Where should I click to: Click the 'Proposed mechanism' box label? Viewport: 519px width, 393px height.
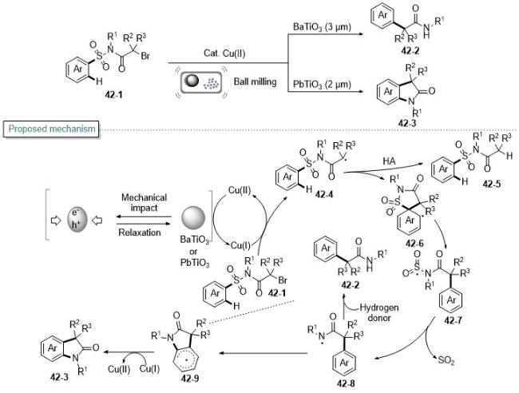click(x=51, y=129)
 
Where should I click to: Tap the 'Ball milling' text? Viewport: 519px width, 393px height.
click(x=256, y=81)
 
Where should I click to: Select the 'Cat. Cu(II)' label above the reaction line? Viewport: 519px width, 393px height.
click(x=224, y=54)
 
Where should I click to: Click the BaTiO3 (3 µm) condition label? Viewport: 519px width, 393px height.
click(x=322, y=27)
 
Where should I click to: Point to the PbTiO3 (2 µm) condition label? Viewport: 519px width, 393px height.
click(x=322, y=85)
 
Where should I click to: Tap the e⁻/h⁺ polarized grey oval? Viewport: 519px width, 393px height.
click(x=77, y=219)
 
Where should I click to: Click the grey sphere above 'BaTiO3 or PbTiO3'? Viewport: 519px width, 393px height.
click(x=193, y=218)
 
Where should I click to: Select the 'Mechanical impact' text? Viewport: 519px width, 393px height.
click(x=144, y=203)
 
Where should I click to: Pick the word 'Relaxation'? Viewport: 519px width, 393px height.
click(x=140, y=232)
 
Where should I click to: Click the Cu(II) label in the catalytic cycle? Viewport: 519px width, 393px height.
click(x=240, y=190)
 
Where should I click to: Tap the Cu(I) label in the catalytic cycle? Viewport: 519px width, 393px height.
click(x=240, y=245)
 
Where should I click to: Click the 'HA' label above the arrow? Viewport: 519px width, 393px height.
click(x=390, y=161)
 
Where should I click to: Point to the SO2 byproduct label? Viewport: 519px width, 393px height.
click(x=446, y=360)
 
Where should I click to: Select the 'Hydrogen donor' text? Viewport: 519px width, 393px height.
click(x=379, y=312)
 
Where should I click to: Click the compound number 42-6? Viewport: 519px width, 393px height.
click(x=414, y=244)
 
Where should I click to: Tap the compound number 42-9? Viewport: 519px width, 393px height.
click(x=190, y=378)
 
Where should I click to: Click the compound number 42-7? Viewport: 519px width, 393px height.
click(x=454, y=320)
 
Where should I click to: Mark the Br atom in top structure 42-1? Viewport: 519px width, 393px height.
click(x=145, y=56)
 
